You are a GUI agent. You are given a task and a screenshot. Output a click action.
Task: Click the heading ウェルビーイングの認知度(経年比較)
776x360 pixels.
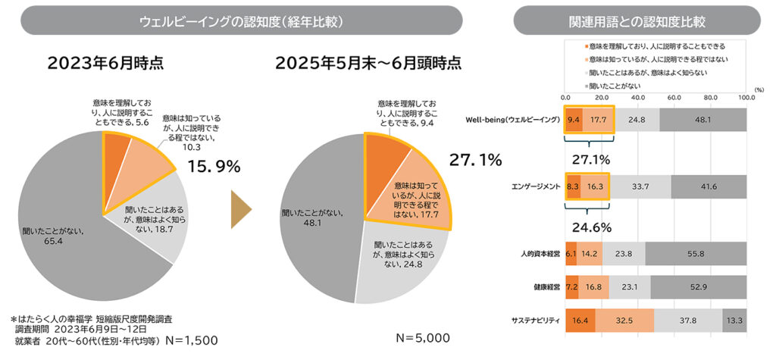[x=242, y=20]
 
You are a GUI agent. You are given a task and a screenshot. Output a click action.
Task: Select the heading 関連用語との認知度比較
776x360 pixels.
[x=637, y=20]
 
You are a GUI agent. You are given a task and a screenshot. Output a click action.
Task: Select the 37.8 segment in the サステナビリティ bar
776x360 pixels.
[x=688, y=321]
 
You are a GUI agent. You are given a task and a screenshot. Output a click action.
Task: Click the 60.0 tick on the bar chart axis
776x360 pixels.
[x=674, y=98]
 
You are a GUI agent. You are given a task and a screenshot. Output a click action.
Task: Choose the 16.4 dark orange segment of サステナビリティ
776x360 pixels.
[x=580, y=321]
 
